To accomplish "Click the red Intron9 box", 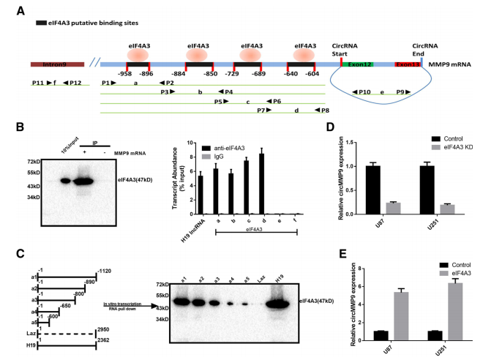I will point(54,65).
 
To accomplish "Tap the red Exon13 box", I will point(408,65).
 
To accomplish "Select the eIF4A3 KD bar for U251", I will point(446,209).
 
